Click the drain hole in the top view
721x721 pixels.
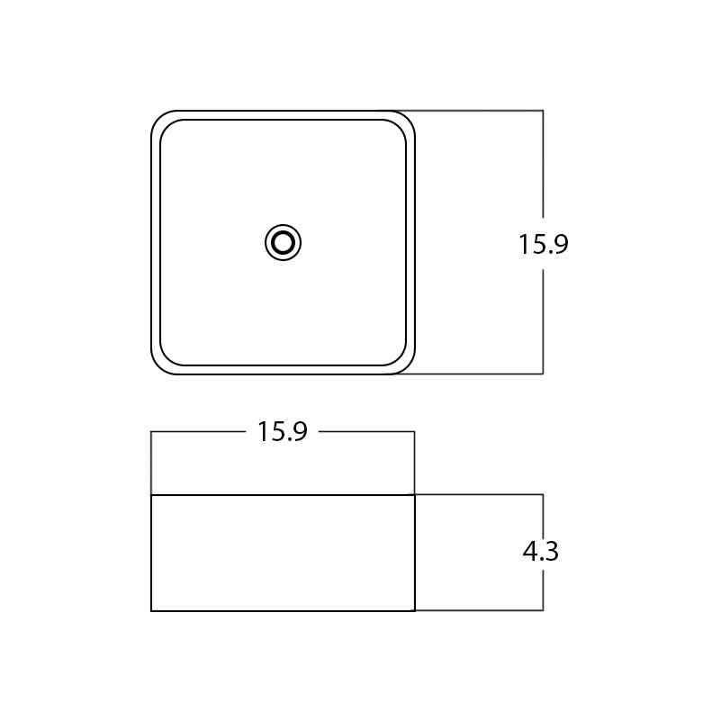pyautogui.click(x=283, y=242)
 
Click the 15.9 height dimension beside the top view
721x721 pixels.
pyautogui.click(x=544, y=244)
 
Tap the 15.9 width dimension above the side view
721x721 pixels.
pyautogui.click(x=283, y=432)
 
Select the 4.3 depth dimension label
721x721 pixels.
pyautogui.click(x=541, y=551)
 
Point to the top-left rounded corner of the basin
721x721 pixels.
pyautogui.click(x=159, y=119)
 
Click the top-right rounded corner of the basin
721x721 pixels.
pyautogui.click(x=407, y=119)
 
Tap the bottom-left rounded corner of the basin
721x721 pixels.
pyautogui.click(x=159, y=366)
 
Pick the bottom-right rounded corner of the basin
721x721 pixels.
pyautogui.click(x=407, y=366)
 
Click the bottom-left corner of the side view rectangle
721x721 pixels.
pyautogui.click(x=151, y=610)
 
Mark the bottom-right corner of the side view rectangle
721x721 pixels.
pyautogui.click(x=415, y=610)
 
